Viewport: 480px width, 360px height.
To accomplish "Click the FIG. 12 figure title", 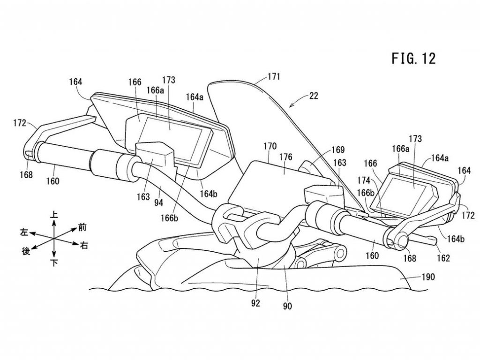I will pyautogui.click(x=413, y=59).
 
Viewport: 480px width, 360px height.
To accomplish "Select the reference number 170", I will pyautogui.click(x=270, y=146).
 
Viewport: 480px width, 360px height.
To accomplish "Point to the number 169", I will pyautogui.click(x=338, y=150).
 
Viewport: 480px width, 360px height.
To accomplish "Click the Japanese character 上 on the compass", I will pyautogui.click(x=54, y=213).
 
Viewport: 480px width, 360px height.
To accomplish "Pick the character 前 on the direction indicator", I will pyautogui.click(x=82, y=227).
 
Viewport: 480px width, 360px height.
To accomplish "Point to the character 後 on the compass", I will pyautogui.click(x=26, y=252).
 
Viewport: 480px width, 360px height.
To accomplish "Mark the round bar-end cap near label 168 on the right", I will pyautogui.click(x=399, y=239).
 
